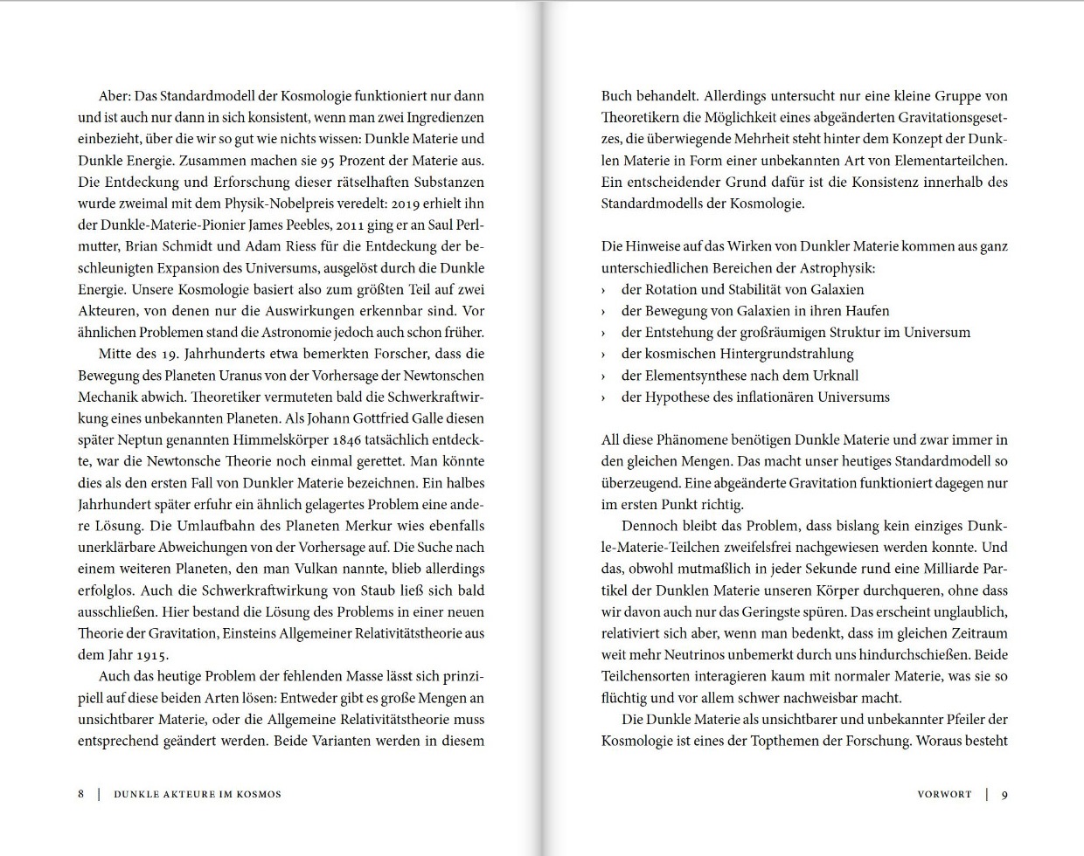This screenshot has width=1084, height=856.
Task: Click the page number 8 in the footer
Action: [80, 794]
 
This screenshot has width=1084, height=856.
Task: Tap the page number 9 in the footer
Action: [1004, 794]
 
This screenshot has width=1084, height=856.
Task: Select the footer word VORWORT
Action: [944, 794]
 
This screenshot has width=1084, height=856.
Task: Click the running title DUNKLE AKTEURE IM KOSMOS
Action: [198, 794]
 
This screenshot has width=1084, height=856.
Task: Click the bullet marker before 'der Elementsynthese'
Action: [604, 376]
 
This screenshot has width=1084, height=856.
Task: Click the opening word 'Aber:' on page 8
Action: [115, 96]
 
